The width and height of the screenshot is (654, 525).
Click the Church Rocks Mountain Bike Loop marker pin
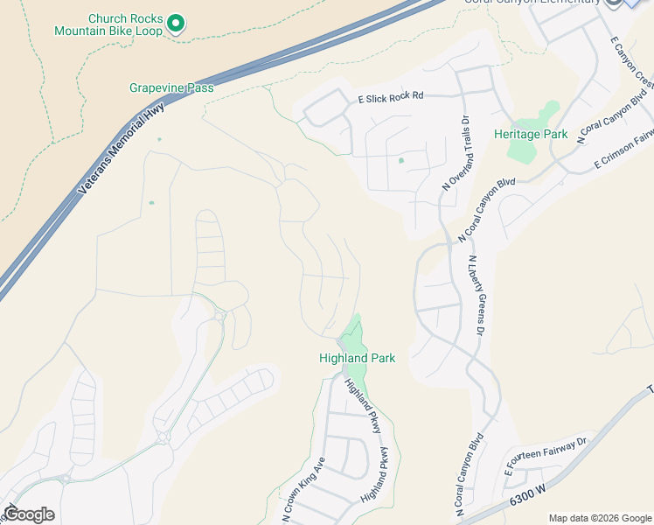[176, 23]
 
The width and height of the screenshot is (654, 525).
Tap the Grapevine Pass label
[171, 87]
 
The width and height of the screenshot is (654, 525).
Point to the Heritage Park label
[531, 134]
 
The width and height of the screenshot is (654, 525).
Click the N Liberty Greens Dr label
[477, 293]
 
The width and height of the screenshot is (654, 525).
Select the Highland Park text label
[357, 358]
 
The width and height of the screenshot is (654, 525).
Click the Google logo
[29, 514]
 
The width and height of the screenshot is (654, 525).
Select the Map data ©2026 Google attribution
[599, 517]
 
